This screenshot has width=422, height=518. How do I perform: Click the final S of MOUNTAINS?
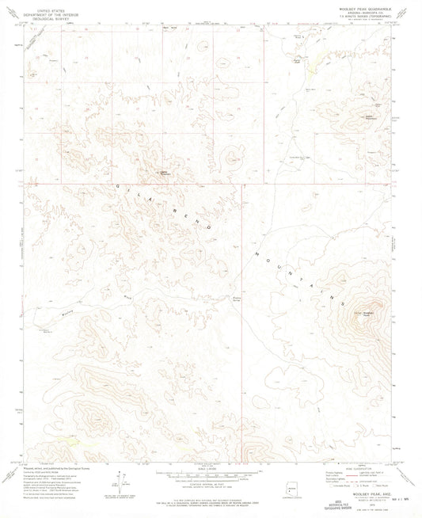point(343,303)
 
